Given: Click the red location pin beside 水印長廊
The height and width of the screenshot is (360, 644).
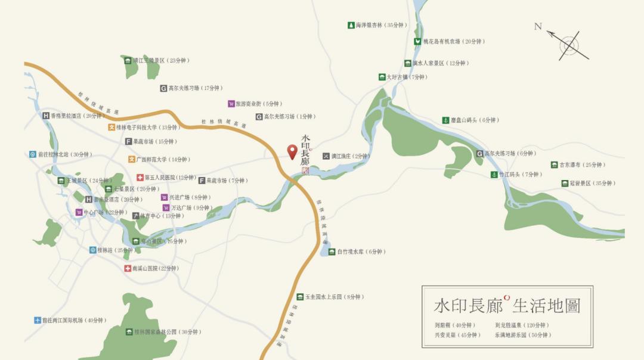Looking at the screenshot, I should coord(292,151).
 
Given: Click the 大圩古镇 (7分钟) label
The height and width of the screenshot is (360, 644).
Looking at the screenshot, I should coord(405,77).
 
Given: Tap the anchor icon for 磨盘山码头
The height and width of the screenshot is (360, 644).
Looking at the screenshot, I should coord(445,120).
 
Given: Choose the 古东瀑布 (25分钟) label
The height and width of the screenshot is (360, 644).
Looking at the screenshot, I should coord(581,165).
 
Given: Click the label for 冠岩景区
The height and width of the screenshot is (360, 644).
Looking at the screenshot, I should coord(592,184).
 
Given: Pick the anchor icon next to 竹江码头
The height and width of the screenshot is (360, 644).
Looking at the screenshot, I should coord(494,175).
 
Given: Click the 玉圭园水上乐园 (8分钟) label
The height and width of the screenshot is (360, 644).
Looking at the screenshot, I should coord(334,297).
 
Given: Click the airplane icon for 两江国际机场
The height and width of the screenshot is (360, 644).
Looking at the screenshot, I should coord(38,320).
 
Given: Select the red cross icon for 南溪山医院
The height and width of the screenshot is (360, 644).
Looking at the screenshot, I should coord(128,268).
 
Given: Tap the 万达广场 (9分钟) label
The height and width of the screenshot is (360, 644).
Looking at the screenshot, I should coord(191,208).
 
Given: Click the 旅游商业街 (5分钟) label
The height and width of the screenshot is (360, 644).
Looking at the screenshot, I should coord(258,104).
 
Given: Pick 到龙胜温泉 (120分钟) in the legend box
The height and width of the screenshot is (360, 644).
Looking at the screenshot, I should coord(521,325).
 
